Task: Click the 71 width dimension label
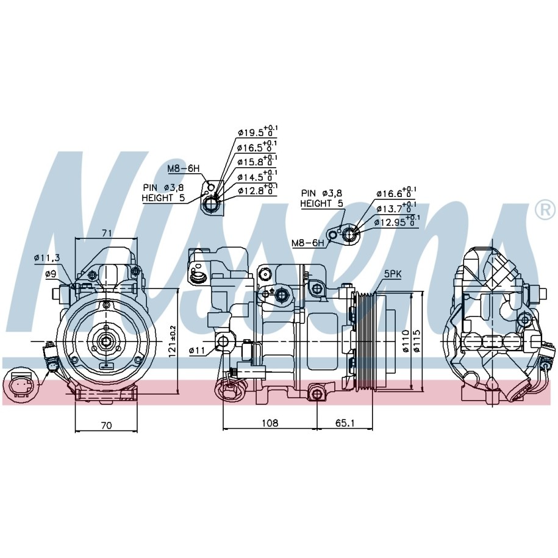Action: point(107,233)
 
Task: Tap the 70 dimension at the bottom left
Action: point(106,425)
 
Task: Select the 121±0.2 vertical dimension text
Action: point(173,342)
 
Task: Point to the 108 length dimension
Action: point(270,423)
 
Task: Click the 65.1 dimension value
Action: point(345,423)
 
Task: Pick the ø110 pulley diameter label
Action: point(406,341)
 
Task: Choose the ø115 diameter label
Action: point(417,341)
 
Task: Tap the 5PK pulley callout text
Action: point(393,274)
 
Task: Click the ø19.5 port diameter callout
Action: point(257,132)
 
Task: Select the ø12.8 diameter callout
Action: point(257,190)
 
